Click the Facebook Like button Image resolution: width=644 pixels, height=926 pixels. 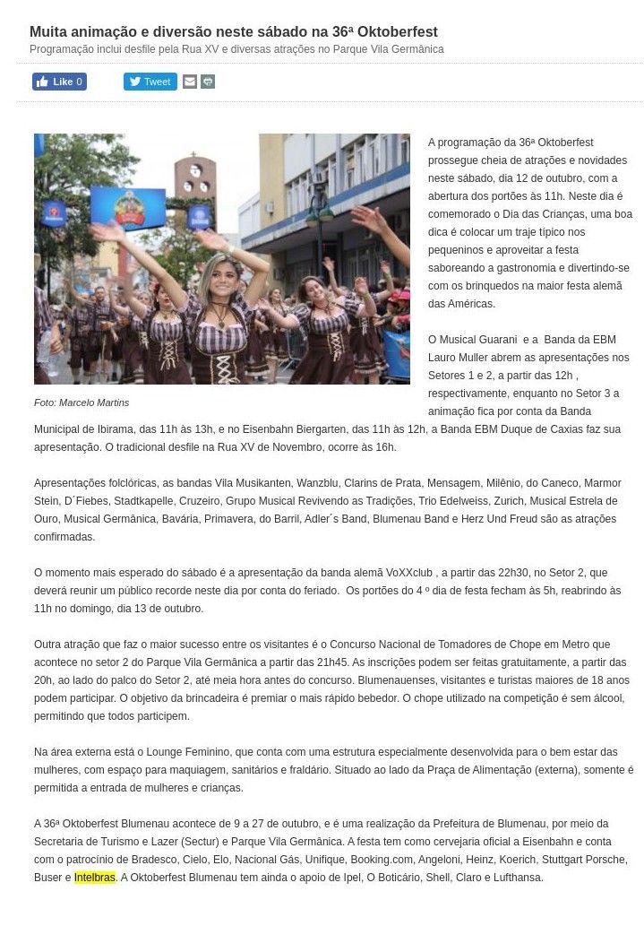pos(59,82)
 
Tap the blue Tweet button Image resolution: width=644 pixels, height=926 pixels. pos(150,82)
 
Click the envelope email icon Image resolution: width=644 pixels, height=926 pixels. pos(190,82)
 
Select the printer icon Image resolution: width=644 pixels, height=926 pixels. pos(208,82)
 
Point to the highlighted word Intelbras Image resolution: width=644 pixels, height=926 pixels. pos(95,878)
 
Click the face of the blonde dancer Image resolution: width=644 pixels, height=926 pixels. pos(220,273)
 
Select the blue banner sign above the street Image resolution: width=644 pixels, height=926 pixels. pos(128,207)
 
